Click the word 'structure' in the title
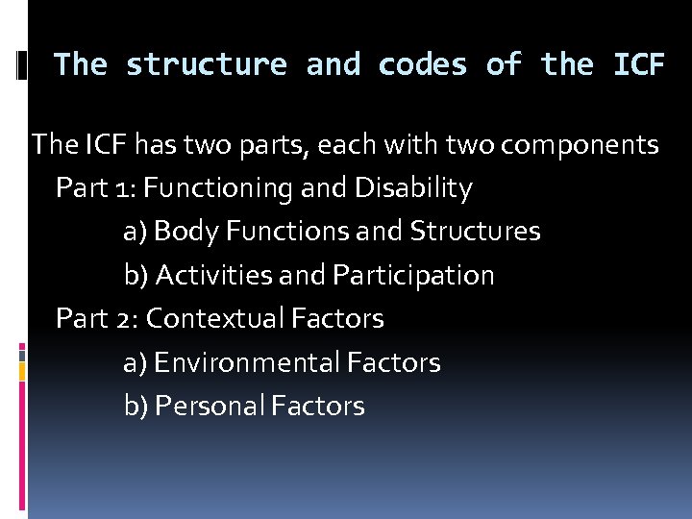pos(207,64)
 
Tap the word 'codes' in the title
pos(423,64)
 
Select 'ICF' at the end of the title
pos(638,64)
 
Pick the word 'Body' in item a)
pos(175,232)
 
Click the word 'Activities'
pos(213,276)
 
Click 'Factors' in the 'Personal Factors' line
pos(318,406)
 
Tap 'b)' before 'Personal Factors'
pos(136,406)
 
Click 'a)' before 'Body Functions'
pos(136,232)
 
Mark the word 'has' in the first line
pos(154,145)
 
